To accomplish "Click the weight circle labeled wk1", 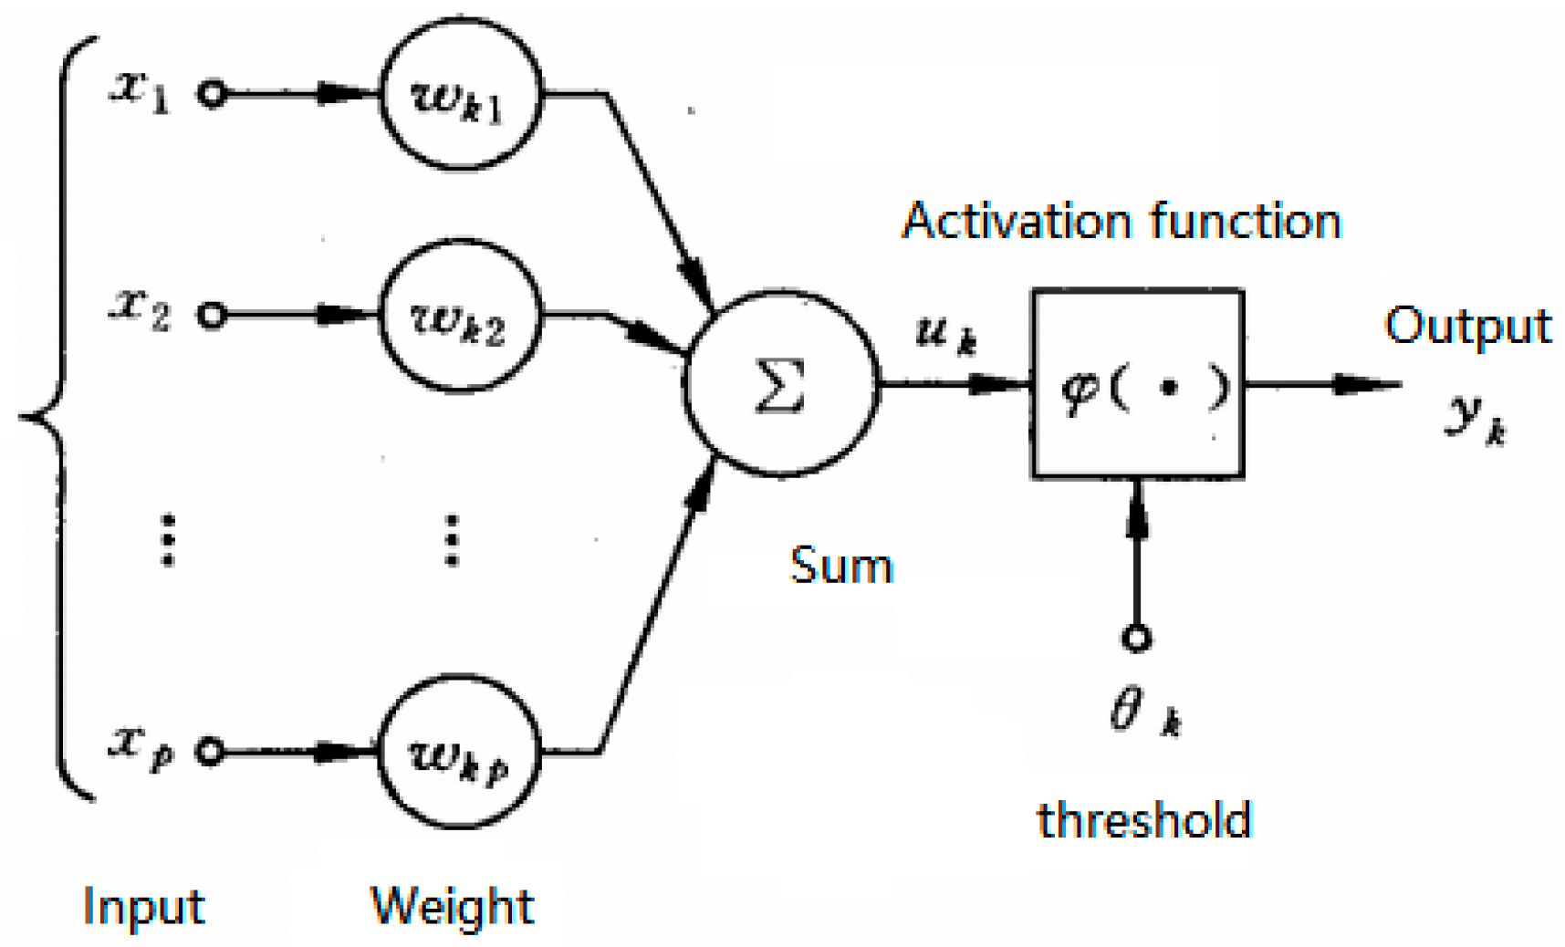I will [x=461, y=95].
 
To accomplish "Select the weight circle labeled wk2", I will [x=459, y=317].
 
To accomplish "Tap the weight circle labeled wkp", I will [x=459, y=752].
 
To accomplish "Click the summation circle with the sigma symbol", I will [x=780, y=384].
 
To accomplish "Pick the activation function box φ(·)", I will [x=1138, y=384].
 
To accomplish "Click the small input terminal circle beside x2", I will [x=212, y=316].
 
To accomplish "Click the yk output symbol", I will [x=1475, y=420].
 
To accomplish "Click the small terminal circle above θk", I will [x=1136, y=638].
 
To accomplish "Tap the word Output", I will [x=1467, y=326].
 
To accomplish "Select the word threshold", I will [x=1143, y=819].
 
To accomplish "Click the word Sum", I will [x=840, y=566].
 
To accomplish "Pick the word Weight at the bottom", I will [x=452, y=906].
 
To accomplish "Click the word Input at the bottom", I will [x=143, y=906].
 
